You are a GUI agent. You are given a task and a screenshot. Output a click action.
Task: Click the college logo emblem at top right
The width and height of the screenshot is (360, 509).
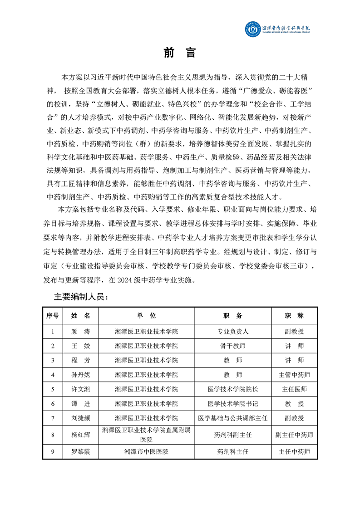point(253,29)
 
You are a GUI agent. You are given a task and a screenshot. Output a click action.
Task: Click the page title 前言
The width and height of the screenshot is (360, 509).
point(180,53)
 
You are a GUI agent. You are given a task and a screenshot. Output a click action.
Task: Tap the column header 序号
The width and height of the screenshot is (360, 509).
point(53,315)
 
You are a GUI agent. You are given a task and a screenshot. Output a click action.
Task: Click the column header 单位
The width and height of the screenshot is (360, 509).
point(146,315)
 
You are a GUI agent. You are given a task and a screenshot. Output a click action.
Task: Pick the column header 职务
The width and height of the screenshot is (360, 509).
point(233,315)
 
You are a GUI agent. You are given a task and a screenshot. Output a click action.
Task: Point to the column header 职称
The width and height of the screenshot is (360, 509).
point(294,315)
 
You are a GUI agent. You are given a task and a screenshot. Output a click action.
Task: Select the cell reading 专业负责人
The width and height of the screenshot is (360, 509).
point(233,332)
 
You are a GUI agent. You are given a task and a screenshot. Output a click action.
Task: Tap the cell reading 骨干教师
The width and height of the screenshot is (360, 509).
point(233,346)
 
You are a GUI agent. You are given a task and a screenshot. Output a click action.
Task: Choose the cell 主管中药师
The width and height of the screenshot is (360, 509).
point(294,375)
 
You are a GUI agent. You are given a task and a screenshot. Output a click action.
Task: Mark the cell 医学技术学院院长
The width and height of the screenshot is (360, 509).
point(233,389)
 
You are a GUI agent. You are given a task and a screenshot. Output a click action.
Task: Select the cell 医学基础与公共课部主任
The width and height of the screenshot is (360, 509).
point(233,418)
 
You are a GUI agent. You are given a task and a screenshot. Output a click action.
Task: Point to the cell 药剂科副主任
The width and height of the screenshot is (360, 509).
point(233,435)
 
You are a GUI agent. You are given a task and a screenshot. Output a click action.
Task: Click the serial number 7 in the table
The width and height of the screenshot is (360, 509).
point(53,418)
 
